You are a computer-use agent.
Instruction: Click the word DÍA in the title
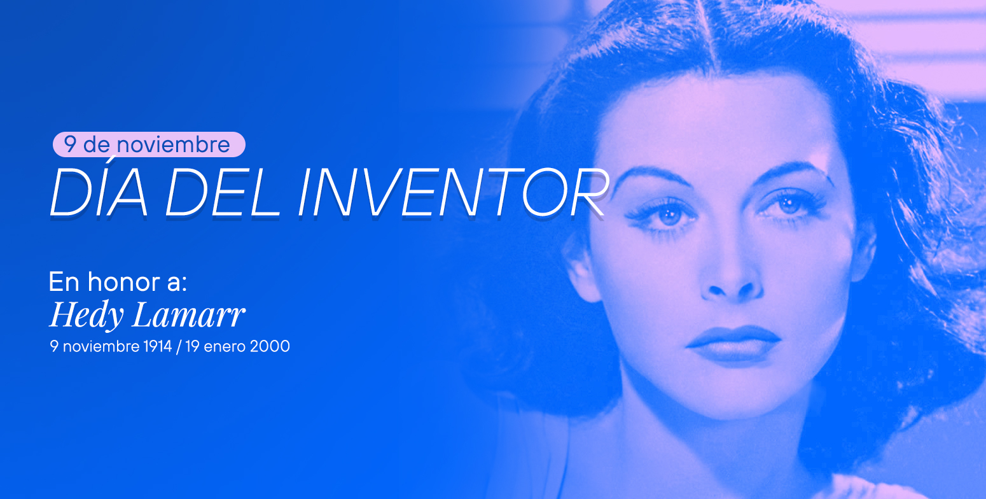99,192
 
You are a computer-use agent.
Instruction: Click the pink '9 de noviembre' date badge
149,144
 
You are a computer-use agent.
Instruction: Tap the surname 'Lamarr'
188,315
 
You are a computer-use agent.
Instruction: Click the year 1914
158,347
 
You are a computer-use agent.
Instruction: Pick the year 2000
270,347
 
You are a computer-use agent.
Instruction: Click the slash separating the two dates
179,347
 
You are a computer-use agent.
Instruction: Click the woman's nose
733,283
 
